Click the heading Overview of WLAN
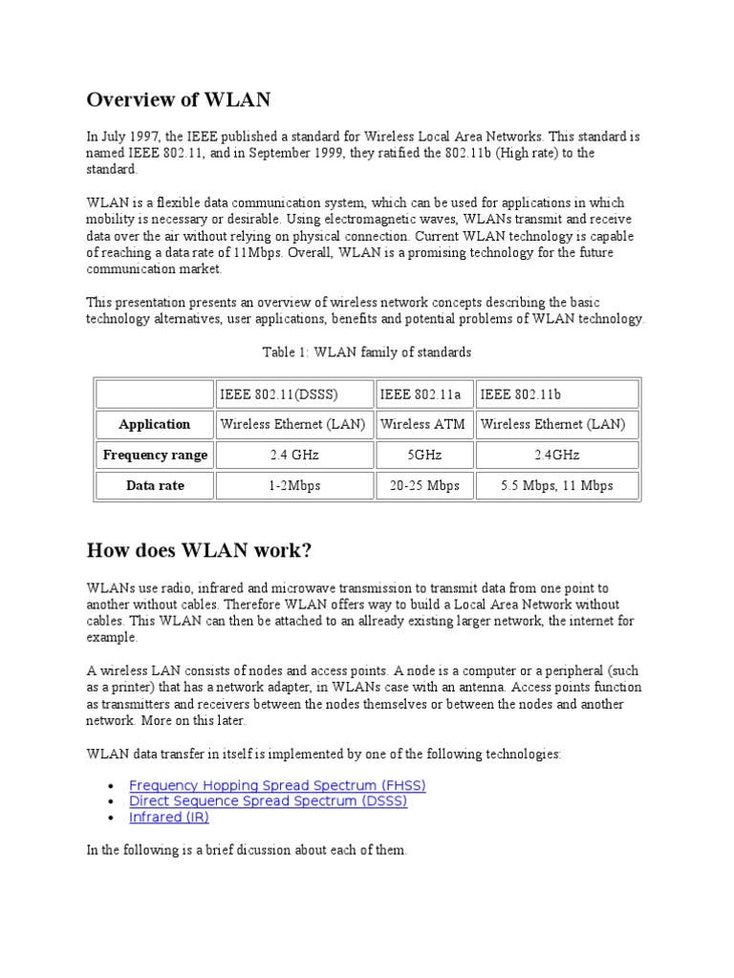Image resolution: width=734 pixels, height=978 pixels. tap(179, 99)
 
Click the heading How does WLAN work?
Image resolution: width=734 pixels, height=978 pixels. tap(199, 550)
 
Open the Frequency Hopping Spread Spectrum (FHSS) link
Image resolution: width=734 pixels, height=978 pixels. tap(277, 785)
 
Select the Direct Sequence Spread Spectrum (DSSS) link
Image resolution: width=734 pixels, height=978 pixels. tap(268, 801)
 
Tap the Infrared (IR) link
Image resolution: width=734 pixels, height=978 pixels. tap(169, 818)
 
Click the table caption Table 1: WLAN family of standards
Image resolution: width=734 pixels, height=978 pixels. tap(367, 352)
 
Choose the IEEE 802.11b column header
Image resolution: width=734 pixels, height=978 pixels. tap(521, 393)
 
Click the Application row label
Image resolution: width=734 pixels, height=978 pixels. tap(154, 424)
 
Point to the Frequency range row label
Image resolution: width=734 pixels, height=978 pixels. tap(154, 455)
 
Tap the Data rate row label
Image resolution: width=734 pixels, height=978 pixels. tap(154, 485)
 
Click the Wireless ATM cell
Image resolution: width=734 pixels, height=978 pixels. tap(423, 424)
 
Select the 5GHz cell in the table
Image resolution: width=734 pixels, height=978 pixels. tap(423, 455)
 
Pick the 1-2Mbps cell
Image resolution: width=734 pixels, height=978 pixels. tap(293, 485)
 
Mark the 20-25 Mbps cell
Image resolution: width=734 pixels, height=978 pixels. tap(423, 485)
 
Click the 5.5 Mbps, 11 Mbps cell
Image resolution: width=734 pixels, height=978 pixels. tap(557, 485)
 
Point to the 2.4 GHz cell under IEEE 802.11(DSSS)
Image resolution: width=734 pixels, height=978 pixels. tap(293, 455)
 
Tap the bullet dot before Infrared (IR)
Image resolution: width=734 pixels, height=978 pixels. tap(113, 819)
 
